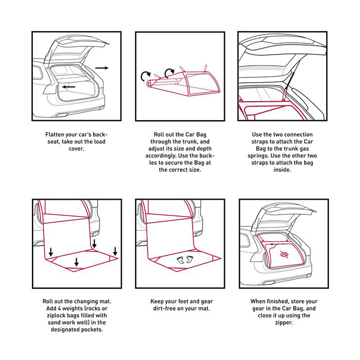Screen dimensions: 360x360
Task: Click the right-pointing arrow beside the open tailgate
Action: pyautogui.click(x=102, y=68)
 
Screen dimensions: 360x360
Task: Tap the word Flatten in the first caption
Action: pyautogui.click(x=55, y=135)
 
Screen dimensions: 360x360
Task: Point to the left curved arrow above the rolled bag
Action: pyautogui.click(x=145, y=75)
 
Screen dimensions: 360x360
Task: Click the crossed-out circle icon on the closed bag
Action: pyautogui.click(x=284, y=255)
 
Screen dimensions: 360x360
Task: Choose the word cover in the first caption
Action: pyautogui.click(x=76, y=149)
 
